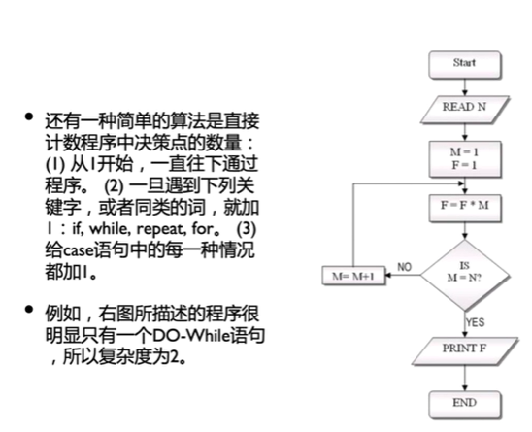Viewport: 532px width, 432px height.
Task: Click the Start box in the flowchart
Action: pyautogui.click(x=465, y=65)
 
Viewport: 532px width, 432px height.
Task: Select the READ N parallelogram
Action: pyautogui.click(x=465, y=110)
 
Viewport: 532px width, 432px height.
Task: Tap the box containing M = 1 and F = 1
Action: pyautogui.click(x=465, y=159)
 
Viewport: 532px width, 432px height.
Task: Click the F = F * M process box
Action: pyautogui.click(x=465, y=208)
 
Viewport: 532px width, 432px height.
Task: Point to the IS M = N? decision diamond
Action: pyautogui.click(x=465, y=275)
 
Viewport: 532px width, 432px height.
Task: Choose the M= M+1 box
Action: pyautogui.click(x=353, y=276)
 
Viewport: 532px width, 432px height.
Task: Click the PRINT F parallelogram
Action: pyautogui.click(x=465, y=350)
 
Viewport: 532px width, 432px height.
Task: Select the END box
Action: pyautogui.click(x=465, y=405)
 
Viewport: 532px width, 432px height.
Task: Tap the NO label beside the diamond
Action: pyautogui.click(x=404, y=267)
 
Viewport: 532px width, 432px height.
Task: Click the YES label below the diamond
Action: pyautogui.click(x=475, y=322)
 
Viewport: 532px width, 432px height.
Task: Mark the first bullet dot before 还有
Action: pyautogui.click(x=29, y=116)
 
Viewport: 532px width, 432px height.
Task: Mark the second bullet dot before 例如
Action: pyautogui.click(x=29, y=309)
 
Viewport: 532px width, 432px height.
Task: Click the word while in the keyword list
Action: pyautogui.click(x=110, y=229)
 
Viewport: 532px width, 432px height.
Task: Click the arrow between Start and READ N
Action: pyautogui.click(x=465, y=87)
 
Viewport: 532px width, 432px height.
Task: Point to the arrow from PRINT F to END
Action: pyautogui.click(x=465, y=378)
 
